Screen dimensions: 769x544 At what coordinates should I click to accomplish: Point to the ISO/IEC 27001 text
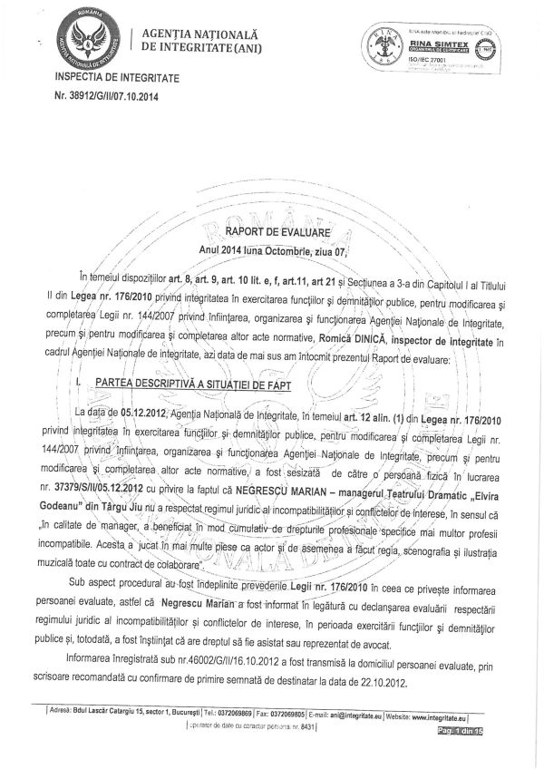[x=433, y=60]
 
